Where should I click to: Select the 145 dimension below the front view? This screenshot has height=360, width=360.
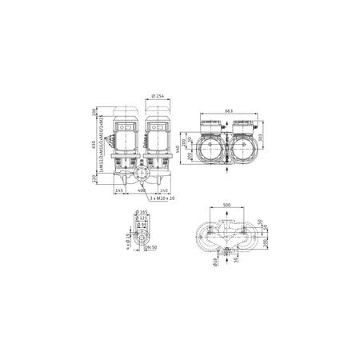(119, 190)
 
